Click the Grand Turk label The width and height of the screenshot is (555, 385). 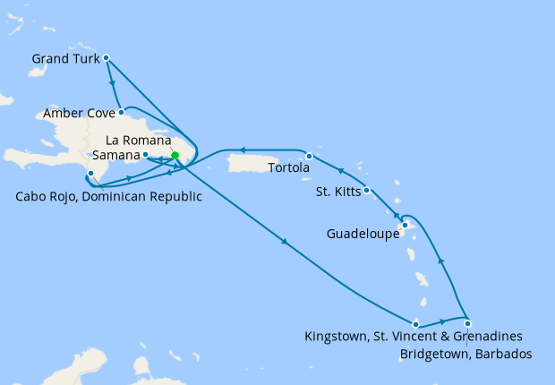64,58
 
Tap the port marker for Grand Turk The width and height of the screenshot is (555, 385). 106,57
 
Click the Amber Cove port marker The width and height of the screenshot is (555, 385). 121,113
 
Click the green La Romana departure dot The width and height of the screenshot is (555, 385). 175,156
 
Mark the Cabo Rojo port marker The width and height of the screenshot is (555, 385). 90,173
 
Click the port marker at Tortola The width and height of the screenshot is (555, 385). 309,157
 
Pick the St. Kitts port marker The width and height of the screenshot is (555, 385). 367,190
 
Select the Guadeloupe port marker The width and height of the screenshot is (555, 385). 406,225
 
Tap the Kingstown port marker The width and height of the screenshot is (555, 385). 416,323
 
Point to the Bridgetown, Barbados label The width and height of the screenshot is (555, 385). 465,355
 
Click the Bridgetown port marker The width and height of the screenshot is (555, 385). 467,323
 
